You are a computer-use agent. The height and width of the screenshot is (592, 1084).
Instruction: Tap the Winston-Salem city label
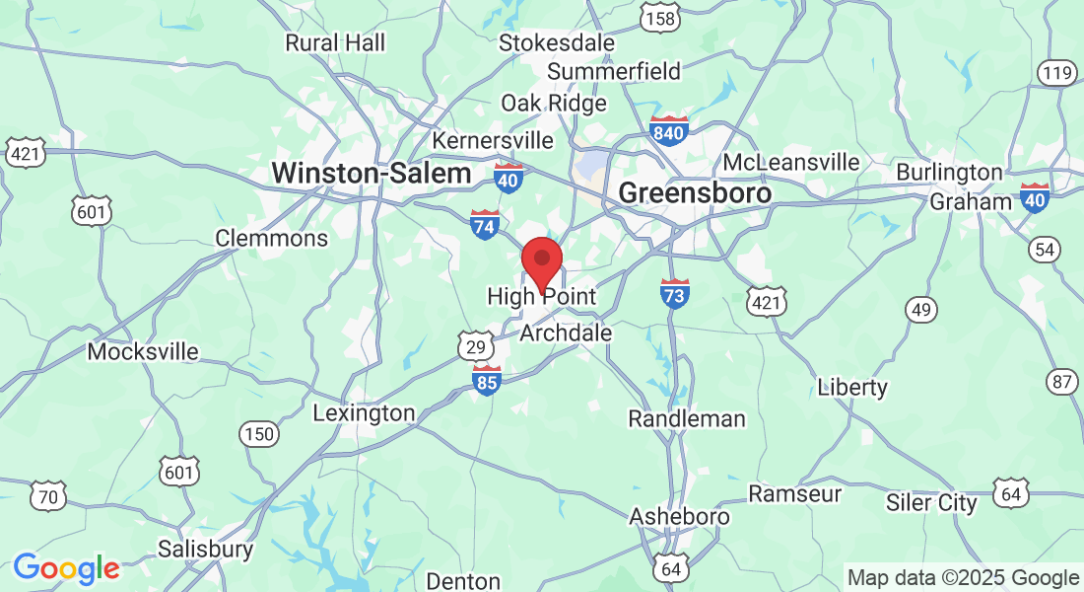click(x=372, y=173)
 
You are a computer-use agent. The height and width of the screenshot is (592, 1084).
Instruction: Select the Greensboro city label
click(x=695, y=192)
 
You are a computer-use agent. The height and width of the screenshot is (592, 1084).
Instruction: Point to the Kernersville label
click(x=493, y=140)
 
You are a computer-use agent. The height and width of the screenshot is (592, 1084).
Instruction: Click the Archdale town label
click(x=566, y=333)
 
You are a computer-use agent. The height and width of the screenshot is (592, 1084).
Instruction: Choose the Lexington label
click(x=364, y=412)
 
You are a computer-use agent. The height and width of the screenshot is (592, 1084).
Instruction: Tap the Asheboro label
click(x=680, y=516)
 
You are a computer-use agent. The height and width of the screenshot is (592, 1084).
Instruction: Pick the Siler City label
click(x=931, y=503)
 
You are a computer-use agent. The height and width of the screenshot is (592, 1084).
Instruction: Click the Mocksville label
click(x=143, y=351)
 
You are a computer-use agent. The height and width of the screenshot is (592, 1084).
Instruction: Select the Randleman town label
click(x=687, y=418)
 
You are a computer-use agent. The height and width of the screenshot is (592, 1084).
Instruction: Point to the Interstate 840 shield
click(x=668, y=130)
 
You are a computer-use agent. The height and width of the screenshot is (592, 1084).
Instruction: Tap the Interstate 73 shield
click(x=674, y=293)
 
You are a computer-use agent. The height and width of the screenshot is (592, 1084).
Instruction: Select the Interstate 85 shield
click(x=487, y=380)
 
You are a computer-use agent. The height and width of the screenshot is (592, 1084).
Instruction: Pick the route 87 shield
click(x=1062, y=382)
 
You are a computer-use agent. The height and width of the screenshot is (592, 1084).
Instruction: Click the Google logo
click(x=66, y=568)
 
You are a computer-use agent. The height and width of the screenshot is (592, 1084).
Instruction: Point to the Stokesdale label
click(x=557, y=43)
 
